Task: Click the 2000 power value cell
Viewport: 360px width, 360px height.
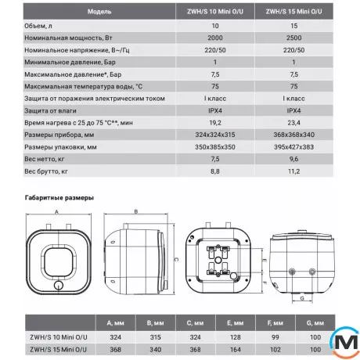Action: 215,38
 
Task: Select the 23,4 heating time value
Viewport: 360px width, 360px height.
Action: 293,123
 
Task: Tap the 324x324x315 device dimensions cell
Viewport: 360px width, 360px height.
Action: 215,135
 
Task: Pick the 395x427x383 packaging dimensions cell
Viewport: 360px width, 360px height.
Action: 293,147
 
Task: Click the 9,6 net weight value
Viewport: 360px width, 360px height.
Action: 293,159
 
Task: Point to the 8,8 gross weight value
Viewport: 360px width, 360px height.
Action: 215,171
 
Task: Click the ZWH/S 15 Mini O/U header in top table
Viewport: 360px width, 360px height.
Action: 293,12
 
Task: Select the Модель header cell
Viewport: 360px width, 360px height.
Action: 99,12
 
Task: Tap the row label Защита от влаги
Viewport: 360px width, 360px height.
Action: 50,110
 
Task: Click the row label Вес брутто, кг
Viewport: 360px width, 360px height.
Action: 46,171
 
